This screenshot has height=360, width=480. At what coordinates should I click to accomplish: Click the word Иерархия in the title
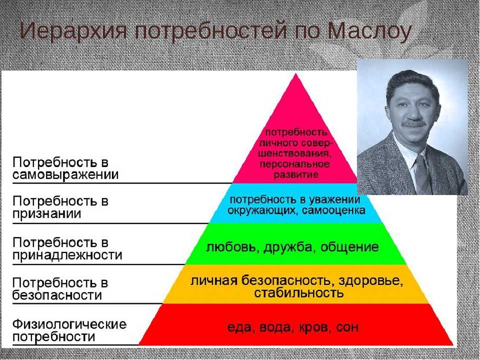[x=73, y=30]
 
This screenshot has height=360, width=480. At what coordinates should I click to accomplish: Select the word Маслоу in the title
[x=369, y=30]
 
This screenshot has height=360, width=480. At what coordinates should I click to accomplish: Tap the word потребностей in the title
[x=211, y=30]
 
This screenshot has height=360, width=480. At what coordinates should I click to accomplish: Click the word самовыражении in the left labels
[x=65, y=175]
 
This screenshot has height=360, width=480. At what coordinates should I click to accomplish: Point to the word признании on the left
[x=47, y=214]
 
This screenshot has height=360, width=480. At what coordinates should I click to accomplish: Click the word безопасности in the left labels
[x=57, y=295]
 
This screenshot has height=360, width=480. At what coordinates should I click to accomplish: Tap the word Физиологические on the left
[x=69, y=324]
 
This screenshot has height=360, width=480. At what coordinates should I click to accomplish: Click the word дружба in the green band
[x=288, y=247]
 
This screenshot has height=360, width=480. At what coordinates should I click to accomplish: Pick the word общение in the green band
[x=349, y=247]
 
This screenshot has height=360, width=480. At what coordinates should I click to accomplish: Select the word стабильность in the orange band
[x=298, y=293]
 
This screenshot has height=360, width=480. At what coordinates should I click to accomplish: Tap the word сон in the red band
[x=347, y=328]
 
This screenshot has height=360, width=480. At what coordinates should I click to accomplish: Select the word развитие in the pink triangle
[x=295, y=175]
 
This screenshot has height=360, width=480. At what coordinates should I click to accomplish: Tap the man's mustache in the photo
[x=414, y=124]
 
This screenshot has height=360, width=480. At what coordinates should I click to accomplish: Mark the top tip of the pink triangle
[x=295, y=73]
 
